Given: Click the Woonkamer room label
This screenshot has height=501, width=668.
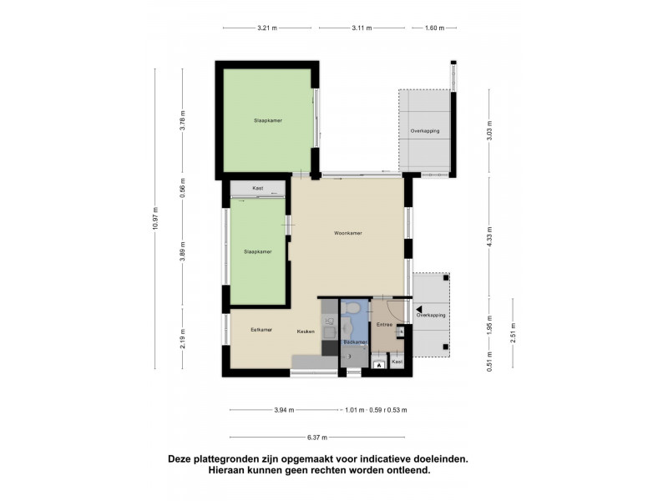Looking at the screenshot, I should (x=347, y=233).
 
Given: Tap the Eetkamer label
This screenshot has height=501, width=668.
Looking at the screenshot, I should (x=261, y=330).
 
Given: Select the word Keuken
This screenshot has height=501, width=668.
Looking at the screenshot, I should (x=305, y=331).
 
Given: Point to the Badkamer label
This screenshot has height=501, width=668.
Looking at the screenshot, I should (x=356, y=342).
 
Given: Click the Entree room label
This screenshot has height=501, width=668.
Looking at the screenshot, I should (x=384, y=324).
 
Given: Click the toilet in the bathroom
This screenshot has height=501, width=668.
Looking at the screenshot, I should (x=355, y=310).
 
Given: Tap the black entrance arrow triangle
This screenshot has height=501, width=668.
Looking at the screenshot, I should (x=408, y=308).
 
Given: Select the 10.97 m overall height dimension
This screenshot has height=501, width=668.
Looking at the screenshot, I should (x=155, y=220).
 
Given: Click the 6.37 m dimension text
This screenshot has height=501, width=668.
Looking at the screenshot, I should (x=317, y=438).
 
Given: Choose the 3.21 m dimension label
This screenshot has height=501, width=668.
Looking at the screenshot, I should (x=266, y=28).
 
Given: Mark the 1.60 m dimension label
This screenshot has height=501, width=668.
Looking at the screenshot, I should (x=433, y=28).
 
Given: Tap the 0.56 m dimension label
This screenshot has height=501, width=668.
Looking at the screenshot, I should (x=182, y=188).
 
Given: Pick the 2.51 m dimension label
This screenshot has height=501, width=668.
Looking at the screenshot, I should (x=514, y=332).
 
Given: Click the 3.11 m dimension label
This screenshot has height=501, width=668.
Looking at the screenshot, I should (x=361, y=28).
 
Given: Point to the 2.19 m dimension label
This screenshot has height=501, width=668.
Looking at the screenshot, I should (x=182, y=341).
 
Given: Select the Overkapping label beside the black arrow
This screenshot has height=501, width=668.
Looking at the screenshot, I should (x=431, y=316).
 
